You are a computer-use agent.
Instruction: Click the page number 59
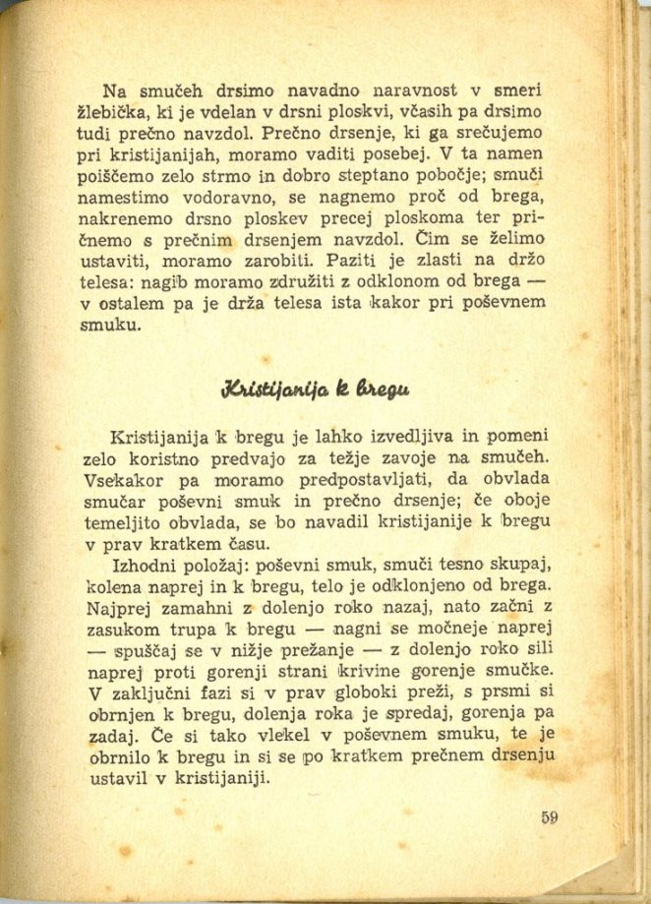click(549, 816)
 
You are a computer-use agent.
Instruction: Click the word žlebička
click(111, 103)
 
